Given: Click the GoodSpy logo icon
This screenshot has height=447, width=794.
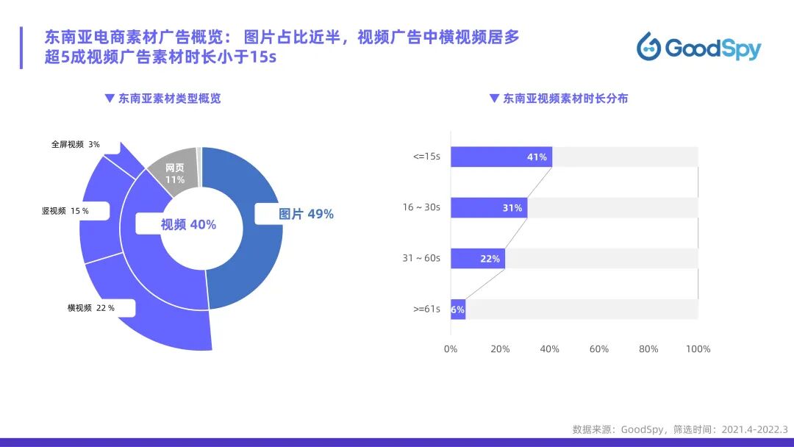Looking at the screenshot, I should point(649,46).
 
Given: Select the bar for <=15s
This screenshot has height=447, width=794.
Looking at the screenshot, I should point(501,157).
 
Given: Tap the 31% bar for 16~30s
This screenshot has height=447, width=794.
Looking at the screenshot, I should point(488,208).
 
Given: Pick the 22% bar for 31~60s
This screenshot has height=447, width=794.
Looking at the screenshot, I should point(477,259).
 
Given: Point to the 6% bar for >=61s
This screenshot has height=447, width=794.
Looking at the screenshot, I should point(458,310).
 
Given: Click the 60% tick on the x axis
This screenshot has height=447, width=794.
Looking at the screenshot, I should point(599,349).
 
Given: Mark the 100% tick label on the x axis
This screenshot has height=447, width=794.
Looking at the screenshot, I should point(698,349).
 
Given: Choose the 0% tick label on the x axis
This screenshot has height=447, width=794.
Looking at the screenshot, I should point(451,349).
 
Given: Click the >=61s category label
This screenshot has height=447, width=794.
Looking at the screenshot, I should point(426,310).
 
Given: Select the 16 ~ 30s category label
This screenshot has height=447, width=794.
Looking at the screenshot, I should point(421,208).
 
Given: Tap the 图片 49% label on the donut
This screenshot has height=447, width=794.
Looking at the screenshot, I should point(306,214).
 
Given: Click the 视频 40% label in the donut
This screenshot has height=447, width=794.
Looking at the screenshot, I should point(188,225).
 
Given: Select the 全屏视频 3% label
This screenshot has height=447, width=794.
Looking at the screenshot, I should point(75,145).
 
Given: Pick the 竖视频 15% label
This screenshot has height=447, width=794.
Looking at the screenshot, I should point(65,211).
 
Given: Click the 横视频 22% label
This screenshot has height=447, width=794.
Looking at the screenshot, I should point(90,308).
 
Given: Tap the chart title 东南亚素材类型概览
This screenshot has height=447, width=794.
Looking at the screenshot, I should point(169,99).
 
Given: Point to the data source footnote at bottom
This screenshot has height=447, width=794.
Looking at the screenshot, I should point(679,429).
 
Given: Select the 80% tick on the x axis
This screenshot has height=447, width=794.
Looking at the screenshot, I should point(648,349).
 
